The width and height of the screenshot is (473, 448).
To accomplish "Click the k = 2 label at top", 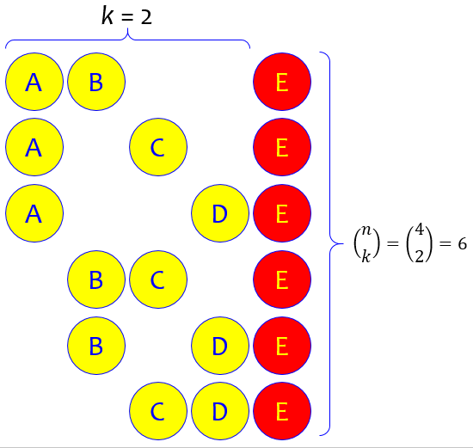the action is click(x=126, y=16).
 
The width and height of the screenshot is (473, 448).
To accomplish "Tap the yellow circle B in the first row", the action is click(x=96, y=82).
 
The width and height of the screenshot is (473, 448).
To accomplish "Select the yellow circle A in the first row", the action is click(x=34, y=82).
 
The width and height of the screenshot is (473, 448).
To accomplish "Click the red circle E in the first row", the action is click(x=282, y=82).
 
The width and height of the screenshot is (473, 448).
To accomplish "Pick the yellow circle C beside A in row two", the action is click(x=158, y=147).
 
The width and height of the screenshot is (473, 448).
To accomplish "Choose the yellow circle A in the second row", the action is click(x=34, y=147).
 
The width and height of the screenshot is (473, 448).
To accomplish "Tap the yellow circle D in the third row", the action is click(x=220, y=213).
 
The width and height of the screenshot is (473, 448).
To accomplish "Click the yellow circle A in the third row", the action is click(x=34, y=213).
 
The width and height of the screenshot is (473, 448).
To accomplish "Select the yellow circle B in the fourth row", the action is click(x=96, y=279).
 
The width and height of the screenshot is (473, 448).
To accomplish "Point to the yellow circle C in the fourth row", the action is click(x=158, y=279).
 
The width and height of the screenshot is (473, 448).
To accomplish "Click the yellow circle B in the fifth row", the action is click(x=96, y=346).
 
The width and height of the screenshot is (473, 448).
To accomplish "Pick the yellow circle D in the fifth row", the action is click(x=220, y=346).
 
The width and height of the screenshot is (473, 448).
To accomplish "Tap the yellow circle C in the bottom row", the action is click(x=158, y=411).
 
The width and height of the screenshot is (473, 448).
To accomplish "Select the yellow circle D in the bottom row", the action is click(x=220, y=411).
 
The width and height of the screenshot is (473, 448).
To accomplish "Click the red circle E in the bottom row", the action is click(x=282, y=411).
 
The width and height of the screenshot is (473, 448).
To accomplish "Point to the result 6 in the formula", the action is click(x=462, y=243).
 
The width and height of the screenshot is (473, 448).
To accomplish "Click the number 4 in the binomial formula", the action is click(x=420, y=230).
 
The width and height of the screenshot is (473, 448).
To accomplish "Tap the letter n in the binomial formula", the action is click(x=366, y=230).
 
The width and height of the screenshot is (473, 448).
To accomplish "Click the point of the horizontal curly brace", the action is click(x=127, y=29).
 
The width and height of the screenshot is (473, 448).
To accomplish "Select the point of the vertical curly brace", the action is click(x=343, y=243).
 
